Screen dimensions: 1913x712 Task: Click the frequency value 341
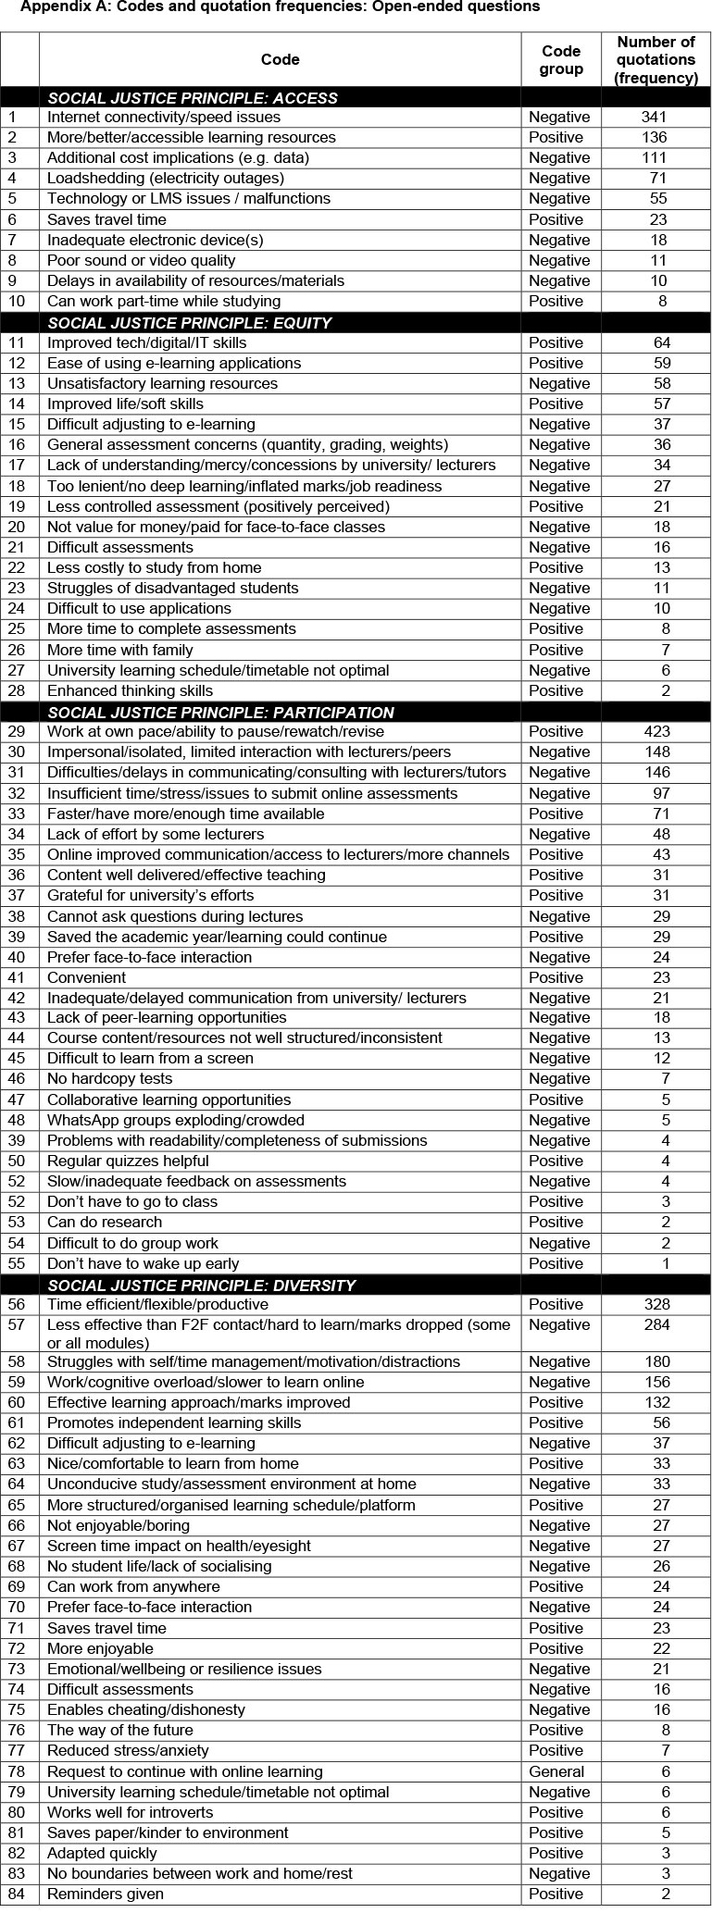[x=655, y=118]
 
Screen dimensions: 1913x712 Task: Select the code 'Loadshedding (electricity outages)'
[x=166, y=179]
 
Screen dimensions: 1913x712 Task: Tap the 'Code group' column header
[x=560, y=60]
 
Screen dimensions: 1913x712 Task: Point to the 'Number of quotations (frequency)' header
[x=656, y=60]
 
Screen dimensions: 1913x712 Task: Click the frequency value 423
[x=655, y=732]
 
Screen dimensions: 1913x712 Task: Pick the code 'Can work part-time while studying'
[x=164, y=302]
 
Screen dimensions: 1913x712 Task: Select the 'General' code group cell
[x=556, y=1772]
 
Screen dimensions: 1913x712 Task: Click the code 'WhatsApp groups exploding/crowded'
[x=176, y=1121]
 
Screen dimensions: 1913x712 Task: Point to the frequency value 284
[x=655, y=1325]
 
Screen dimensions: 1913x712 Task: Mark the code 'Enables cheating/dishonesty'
[x=146, y=1710]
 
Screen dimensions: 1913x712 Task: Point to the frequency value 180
[x=655, y=1362]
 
